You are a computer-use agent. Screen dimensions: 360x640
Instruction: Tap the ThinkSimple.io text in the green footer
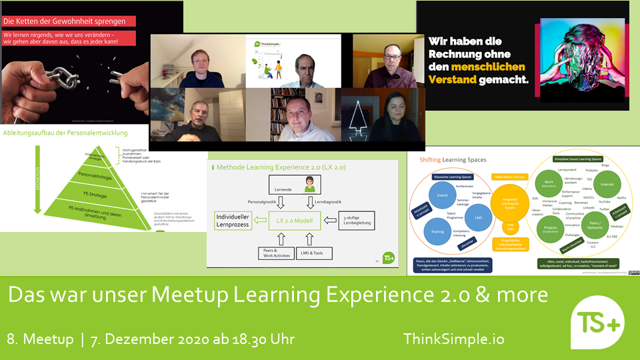point(453,339)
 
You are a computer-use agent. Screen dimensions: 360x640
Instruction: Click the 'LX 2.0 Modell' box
point(294,218)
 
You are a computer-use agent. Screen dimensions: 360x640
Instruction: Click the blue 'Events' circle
point(442,195)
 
